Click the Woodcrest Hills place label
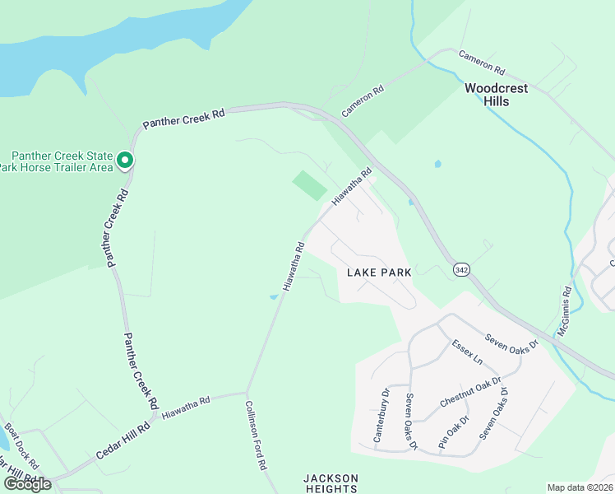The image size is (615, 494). pos(497,95)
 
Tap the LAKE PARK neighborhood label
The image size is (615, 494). pos(378,272)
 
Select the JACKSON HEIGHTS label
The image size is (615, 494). pos(331,483)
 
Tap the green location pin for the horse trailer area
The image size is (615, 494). pos(125,160)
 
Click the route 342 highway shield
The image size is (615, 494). pos(460,269)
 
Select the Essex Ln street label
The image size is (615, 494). pos(467,352)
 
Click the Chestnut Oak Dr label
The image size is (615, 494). pos(470,389)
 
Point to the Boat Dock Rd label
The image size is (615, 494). pos(21,441)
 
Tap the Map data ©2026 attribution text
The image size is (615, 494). pos(579,487)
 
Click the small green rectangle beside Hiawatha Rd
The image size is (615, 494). pos(310,184)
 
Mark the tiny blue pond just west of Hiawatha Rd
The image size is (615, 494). pos(274,297)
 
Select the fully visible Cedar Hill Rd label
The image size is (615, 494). pos(123,441)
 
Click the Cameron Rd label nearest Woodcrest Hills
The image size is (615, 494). pos(482,59)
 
